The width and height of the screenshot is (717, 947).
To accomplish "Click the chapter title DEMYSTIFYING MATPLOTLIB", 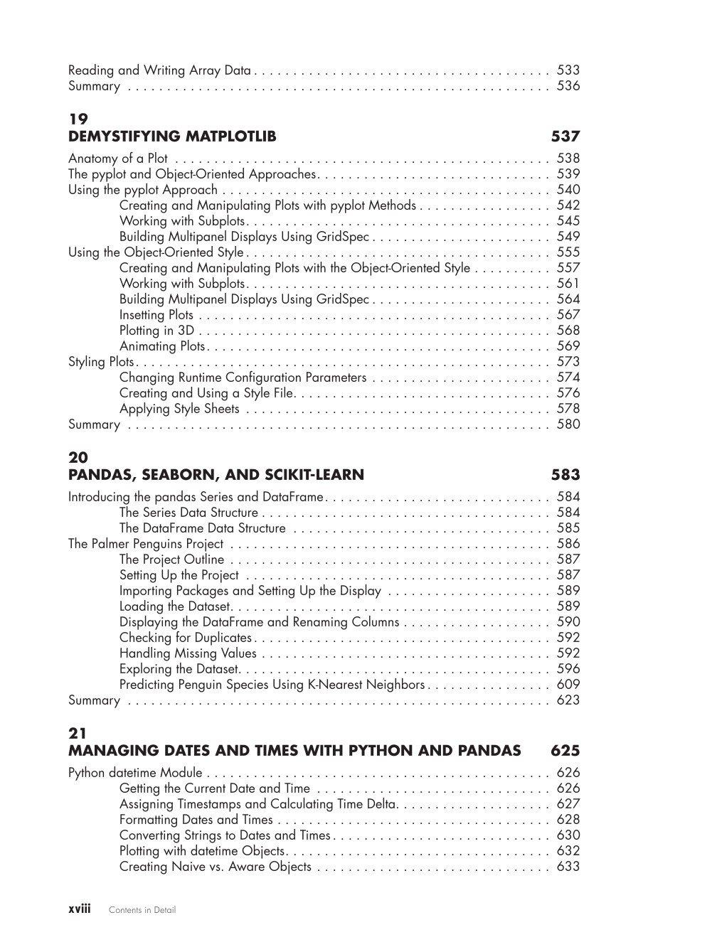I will pos(172,137).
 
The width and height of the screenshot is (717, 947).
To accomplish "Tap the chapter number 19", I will pos(78,119).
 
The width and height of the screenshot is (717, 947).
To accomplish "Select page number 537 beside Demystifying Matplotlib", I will pos(565,137).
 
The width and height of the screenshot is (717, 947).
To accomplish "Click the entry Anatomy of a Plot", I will pos(118,159).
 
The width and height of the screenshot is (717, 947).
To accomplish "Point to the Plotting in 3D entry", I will pos(156,331).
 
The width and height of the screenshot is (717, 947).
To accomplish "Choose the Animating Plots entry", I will pos(162,346).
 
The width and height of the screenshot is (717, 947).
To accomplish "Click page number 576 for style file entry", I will pos(568,393).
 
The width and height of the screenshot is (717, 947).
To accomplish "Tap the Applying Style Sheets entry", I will pos(179,409).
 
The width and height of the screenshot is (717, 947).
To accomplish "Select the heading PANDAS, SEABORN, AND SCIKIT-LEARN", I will pos(216,475).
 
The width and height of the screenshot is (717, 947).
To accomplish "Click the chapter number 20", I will pos(78,458).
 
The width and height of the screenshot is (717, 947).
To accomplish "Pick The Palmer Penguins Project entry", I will pos(146,544).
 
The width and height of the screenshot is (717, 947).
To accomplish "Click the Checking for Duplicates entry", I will pos(186,638).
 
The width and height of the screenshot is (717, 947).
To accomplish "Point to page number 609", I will pos(568,685).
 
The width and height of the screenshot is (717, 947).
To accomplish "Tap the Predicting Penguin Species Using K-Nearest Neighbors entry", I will pos(272,685).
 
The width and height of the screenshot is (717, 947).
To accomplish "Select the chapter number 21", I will pos(78,734).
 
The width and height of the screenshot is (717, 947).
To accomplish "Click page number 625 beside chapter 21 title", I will pos(565,751).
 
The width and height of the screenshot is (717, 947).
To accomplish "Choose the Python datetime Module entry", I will pos(135,773).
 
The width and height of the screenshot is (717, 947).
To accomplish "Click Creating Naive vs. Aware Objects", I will pos(216,867).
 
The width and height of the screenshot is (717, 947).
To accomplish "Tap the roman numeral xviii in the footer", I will pos(80,909).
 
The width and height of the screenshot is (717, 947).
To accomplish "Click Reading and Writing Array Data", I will pos(159,70).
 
